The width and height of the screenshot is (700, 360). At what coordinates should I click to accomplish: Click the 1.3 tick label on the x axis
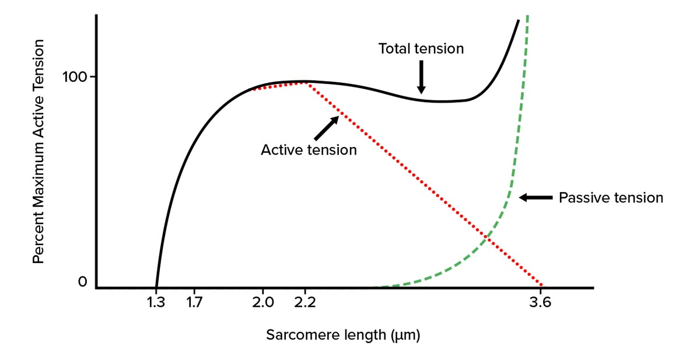156,303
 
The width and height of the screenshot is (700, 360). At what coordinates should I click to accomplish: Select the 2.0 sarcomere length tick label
263,303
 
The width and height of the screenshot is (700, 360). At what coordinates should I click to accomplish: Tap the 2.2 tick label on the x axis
305,303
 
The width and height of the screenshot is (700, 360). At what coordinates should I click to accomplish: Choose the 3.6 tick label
541,303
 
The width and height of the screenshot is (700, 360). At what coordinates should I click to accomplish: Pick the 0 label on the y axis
82,282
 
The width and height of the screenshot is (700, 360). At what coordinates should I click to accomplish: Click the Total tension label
421,48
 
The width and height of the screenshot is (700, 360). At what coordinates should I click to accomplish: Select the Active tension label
308,150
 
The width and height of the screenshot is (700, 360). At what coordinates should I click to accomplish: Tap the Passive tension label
611,198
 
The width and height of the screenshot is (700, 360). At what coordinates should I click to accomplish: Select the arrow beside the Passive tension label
535,198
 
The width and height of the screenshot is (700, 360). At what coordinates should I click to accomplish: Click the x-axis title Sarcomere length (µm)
343,335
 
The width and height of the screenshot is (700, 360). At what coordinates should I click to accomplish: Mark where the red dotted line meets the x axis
542,286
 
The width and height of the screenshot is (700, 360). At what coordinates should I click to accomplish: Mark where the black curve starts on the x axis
156,286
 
